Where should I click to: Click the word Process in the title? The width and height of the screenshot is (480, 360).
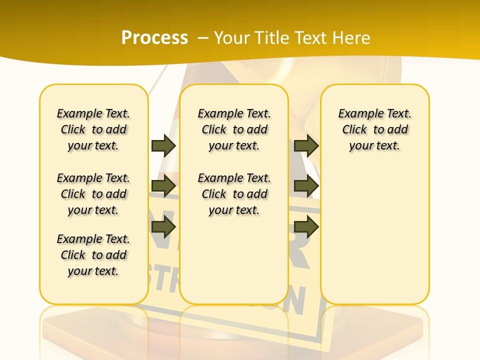click(x=154, y=38)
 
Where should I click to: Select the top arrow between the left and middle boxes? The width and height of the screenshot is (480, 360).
click(x=163, y=145)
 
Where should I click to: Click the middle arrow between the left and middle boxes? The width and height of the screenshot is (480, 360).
click(x=163, y=186)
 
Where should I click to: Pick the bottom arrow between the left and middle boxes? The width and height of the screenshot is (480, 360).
click(x=163, y=227)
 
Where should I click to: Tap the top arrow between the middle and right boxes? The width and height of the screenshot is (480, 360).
click(x=306, y=145)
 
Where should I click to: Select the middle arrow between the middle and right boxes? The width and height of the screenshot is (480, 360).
click(x=306, y=186)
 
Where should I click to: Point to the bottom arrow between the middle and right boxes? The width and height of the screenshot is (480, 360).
click(x=306, y=227)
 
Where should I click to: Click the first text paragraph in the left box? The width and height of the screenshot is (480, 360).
click(x=93, y=129)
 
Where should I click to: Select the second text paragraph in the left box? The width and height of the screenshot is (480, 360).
click(x=93, y=194)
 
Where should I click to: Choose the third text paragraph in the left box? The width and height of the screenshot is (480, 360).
click(x=93, y=255)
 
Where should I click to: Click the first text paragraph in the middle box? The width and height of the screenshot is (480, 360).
click(x=234, y=129)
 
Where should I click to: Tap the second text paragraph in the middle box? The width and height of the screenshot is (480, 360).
click(x=234, y=194)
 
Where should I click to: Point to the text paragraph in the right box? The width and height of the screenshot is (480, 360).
click(x=375, y=129)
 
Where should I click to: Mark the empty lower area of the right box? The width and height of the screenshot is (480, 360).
click(x=375, y=240)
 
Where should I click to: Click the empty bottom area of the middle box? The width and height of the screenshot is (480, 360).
click(x=234, y=265)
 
